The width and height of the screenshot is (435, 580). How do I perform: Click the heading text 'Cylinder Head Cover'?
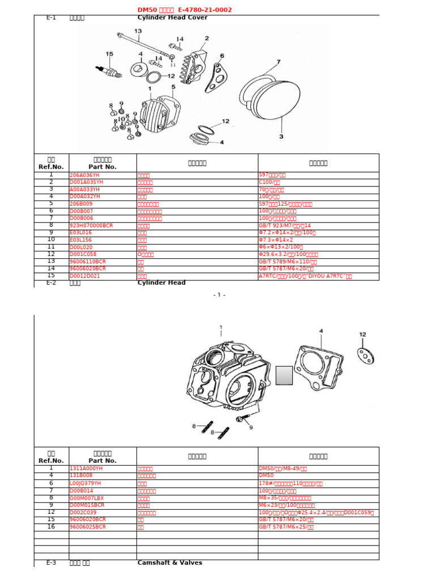(172, 18)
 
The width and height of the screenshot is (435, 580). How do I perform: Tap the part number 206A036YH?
(84, 176)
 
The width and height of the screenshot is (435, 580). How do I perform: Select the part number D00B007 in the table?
(82, 211)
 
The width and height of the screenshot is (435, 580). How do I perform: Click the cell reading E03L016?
(81, 233)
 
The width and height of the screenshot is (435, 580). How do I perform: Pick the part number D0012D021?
(84, 276)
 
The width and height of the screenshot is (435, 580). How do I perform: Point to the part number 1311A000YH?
(86, 469)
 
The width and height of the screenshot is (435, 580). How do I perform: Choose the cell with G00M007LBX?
(87, 498)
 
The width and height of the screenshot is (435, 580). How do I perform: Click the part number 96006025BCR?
(87, 527)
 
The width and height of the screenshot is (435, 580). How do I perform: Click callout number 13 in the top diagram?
(138, 31)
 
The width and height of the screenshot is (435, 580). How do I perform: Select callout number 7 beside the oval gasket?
(278, 62)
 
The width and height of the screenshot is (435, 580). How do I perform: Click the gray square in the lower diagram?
(284, 376)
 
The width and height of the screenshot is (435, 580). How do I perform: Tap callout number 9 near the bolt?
(251, 428)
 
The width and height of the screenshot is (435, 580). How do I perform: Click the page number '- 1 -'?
(219, 295)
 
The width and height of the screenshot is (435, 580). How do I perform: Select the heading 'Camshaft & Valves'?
(169, 563)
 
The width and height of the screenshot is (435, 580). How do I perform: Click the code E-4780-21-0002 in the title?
(204, 10)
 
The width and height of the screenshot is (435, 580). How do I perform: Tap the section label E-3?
(51, 563)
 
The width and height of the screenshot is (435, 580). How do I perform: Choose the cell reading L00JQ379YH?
(86, 484)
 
